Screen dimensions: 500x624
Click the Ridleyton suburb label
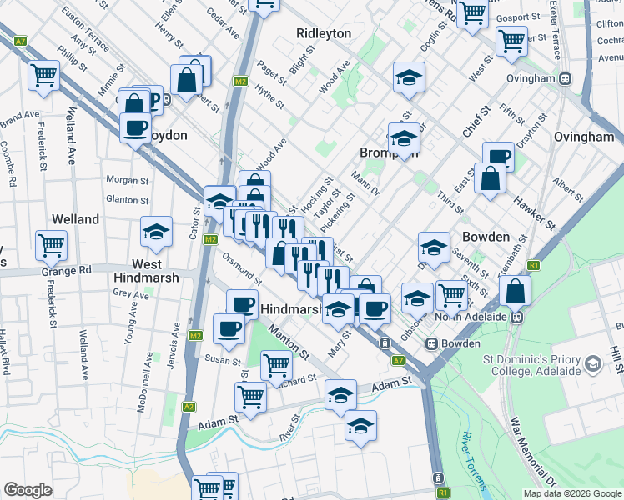tap(324, 33)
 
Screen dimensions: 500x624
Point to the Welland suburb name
tap(75, 219)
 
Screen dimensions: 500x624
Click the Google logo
tap(28, 490)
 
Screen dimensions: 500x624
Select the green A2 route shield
tap(189, 407)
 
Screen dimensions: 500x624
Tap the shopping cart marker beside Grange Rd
tap(51, 245)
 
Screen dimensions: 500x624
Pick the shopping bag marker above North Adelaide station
tap(516, 292)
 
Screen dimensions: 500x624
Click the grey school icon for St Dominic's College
tap(593, 364)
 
